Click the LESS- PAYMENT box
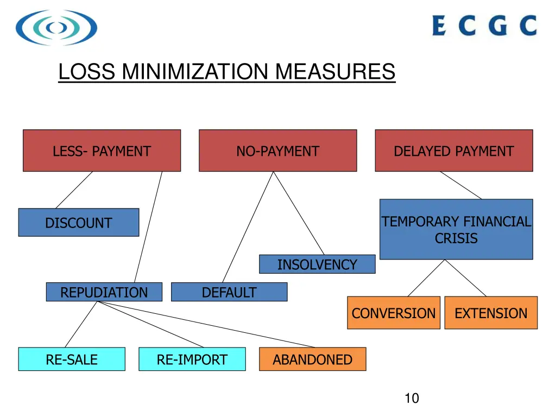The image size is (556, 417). coord(102,150)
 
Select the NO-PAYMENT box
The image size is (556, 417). coord(277,150)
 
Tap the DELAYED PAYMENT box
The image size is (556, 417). coord(453,150)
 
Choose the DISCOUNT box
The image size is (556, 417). coord(78,223)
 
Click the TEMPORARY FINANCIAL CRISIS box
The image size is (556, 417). coord(456,229)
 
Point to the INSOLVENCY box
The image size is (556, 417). coord(317,264)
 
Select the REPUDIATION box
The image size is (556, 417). coord(104,292)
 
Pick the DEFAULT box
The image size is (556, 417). coord(229,292)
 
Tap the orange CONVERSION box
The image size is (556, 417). coord(393,313)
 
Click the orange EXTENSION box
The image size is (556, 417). coord(491,313)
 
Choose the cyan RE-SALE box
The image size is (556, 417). coord(72,359)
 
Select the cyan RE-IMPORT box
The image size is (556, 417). coord(192,359)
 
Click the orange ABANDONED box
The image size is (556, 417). coord(312,359)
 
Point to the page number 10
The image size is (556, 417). coord(412,399)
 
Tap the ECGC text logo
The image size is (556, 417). coord(484,26)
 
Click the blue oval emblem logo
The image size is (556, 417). coord(56,27)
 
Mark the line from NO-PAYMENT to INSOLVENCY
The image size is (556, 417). coord(298,213)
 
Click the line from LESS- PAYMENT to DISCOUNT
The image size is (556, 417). coord(74,189)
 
